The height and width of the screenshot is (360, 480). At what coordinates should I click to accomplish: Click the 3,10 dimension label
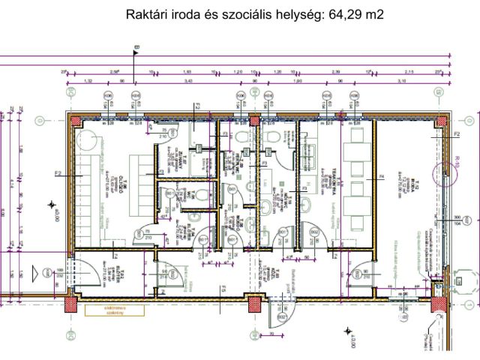click(402, 79)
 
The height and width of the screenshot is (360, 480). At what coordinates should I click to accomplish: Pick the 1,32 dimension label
click(87, 79)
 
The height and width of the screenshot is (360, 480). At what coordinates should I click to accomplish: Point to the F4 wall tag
click(382, 178)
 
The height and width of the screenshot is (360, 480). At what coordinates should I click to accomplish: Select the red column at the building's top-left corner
click(75, 120)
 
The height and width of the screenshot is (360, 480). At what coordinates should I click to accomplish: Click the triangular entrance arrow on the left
click(51, 203)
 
